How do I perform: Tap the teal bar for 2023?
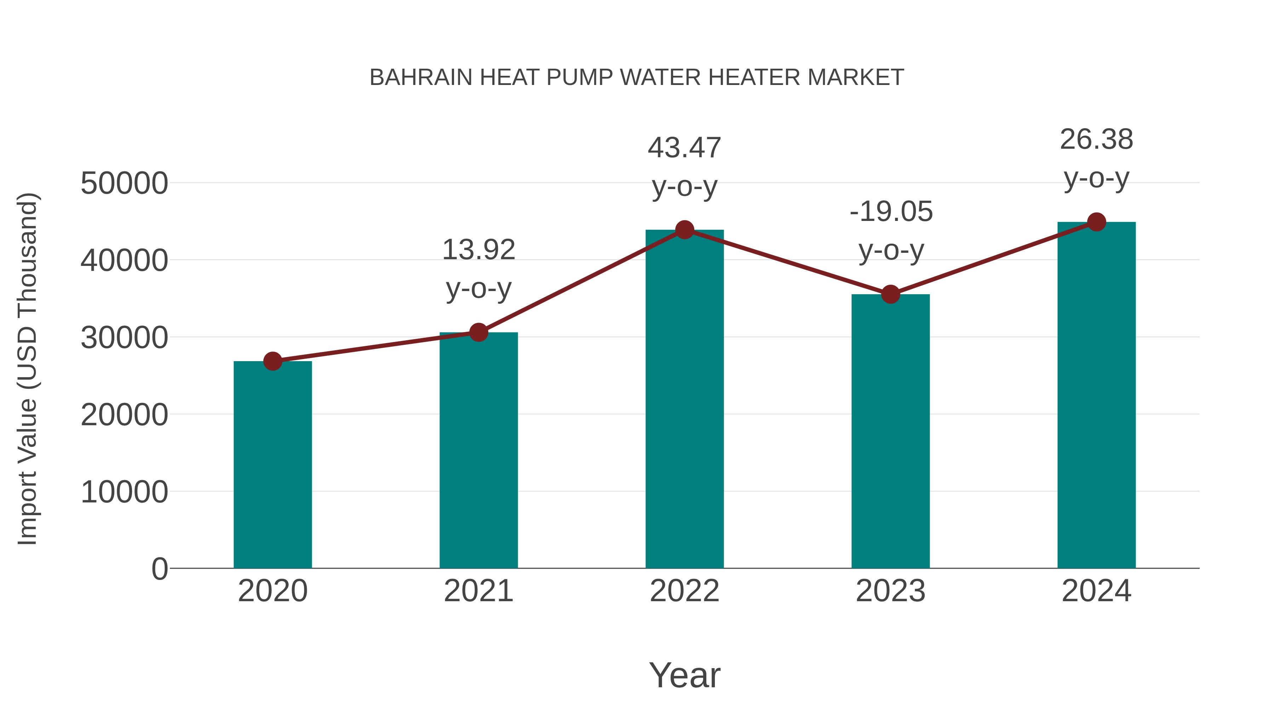click(x=890, y=431)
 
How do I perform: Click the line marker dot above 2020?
click(x=272, y=361)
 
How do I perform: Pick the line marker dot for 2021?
click(x=479, y=332)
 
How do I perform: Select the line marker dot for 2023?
click(x=890, y=295)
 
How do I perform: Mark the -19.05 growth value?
click(x=891, y=211)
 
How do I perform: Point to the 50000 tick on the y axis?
click(x=124, y=183)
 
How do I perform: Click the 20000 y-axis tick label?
click(x=124, y=415)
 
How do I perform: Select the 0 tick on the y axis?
click(x=159, y=569)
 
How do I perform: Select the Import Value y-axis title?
click(x=27, y=369)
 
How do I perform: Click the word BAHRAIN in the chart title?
click(x=421, y=78)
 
